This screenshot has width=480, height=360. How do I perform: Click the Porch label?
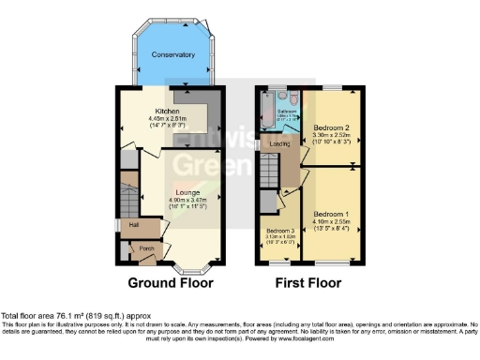click(x=145, y=248)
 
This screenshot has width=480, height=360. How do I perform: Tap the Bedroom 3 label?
click(x=280, y=230)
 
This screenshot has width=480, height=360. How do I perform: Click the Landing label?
click(x=279, y=144)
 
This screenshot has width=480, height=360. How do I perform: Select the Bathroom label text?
click(x=286, y=111)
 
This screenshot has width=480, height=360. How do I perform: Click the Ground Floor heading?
click(x=170, y=282)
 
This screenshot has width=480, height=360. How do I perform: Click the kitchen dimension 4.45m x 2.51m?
click(x=170, y=119)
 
